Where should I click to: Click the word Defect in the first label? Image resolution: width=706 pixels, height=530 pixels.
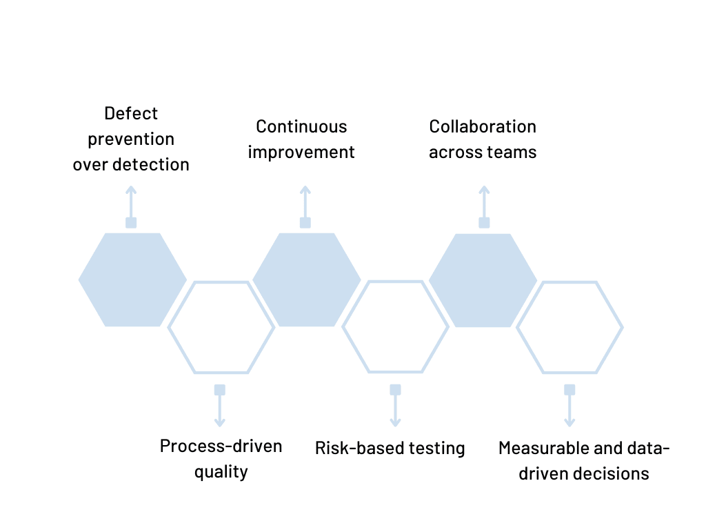point(131,113)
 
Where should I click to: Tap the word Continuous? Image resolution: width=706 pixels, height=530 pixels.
point(301,127)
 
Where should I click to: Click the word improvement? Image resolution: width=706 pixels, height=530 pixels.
point(301,153)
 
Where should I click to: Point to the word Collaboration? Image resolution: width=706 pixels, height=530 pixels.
point(483,127)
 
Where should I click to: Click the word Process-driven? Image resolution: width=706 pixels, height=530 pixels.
point(221,446)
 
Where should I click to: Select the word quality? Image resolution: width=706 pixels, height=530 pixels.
point(221,473)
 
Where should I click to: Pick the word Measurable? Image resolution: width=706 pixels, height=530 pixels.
point(541,448)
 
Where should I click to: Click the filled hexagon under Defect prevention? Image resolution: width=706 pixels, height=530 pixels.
point(132,279)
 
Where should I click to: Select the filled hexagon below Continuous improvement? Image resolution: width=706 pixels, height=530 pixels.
point(306,279)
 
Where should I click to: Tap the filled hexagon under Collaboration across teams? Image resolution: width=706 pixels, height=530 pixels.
point(483,280)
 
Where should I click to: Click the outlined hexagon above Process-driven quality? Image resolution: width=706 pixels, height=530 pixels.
point(221,327)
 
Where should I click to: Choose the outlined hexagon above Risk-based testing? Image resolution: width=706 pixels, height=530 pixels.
point(395,326)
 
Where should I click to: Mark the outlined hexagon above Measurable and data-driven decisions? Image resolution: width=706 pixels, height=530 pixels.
point(569,327)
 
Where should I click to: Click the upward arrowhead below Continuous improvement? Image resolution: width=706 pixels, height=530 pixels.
point(305,190)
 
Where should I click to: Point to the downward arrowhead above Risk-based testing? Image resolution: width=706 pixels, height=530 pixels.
point(395,422)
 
